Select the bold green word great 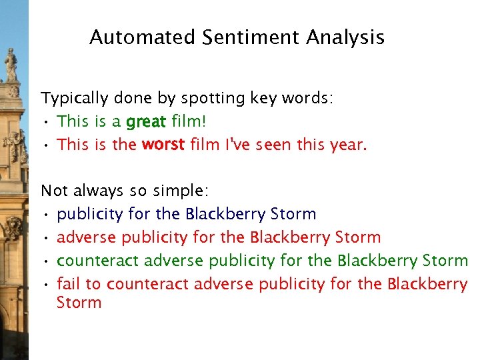tap(146, 122)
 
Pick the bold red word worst tap(163, 145)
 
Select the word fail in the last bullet tap(69, 284)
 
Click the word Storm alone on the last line tap(79, 303)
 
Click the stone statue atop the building tap(11, 65)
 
